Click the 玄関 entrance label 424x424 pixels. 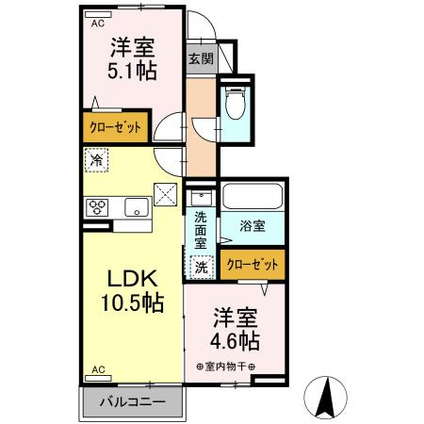click(200, 58)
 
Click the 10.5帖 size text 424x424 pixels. click(131, 302)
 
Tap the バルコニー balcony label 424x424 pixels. click(133, 401)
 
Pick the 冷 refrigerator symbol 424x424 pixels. click(95, 160)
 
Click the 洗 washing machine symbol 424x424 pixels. click(201, 268)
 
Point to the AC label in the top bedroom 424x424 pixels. click(97, 25)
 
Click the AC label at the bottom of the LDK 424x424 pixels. click(97, 370)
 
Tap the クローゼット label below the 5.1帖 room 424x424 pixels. click(116, 126)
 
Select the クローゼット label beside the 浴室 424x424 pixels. click(253, 264)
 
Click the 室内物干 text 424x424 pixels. click(226, 366)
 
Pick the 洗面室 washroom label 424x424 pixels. click(201, 229)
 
